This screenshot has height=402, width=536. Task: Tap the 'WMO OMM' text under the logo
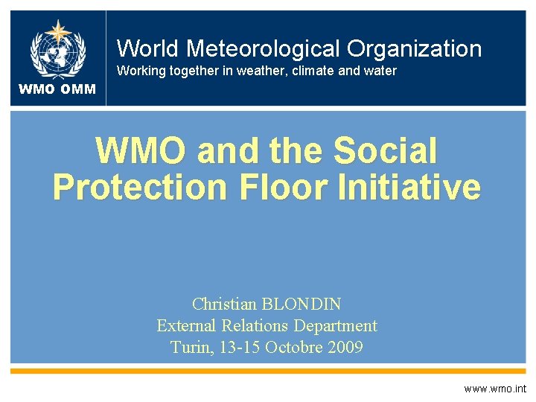57,89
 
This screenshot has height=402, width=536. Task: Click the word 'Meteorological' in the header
264,49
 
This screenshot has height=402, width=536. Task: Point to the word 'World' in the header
147,49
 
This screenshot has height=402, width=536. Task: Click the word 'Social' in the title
386,151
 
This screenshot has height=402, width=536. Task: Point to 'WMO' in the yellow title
141,151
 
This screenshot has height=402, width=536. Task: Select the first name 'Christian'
221,304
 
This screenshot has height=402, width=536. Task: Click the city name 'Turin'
191,347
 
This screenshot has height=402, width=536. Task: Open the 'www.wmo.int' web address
494,389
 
